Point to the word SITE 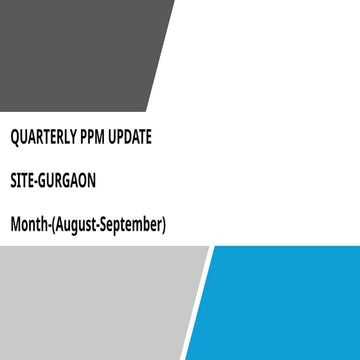click(x=23, y=181)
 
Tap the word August click(x=75, y=226)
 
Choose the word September click(x=132, y=226)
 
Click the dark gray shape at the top click(x=80, y=50)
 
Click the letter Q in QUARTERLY click(x=15, y=136)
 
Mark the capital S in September click(x=107, y=225)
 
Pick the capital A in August click(x=57, y=225)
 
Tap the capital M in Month click(x=16, y=225)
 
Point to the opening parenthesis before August click(x=50, y=226)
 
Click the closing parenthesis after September click(x=162, y=226)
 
